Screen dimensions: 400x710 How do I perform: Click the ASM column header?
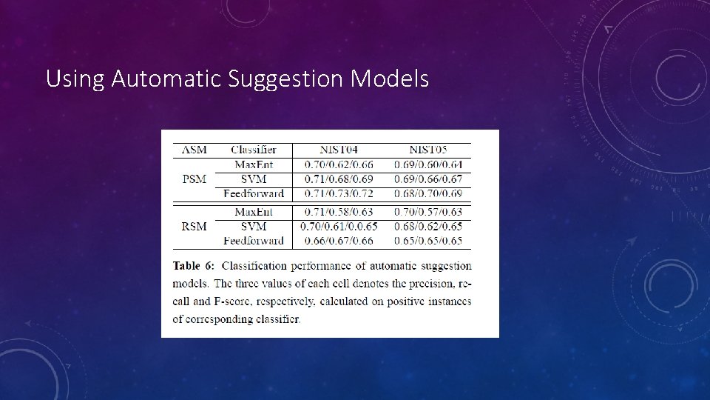click(x=194, y=150)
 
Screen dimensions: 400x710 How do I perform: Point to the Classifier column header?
click(x=254, y=150)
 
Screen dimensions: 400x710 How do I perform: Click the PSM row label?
click(x=194, y=179)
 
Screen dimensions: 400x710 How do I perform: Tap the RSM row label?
click(x=194, y=226)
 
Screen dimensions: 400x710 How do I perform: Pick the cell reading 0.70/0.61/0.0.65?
click(x=339, y=226)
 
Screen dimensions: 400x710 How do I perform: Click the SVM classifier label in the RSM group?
click(x=254, y=226)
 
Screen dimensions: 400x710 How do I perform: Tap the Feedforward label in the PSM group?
click(x=254, y=193)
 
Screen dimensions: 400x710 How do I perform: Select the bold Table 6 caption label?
click(x=194, y=265)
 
